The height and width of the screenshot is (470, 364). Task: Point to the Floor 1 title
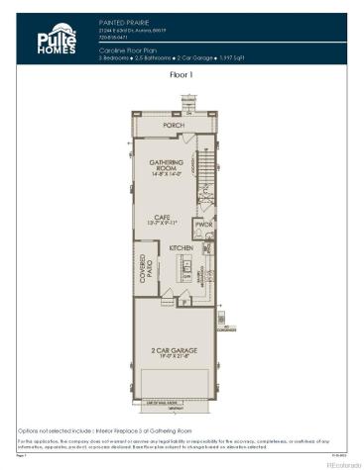tap(182, 74)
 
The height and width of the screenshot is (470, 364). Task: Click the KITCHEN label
tap(182, 247)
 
